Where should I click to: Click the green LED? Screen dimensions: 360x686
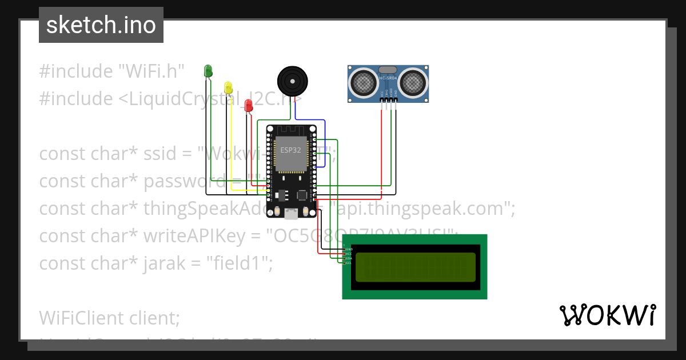[208, 71]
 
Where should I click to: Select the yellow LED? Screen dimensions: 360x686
[229, 87]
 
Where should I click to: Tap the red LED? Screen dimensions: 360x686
[248, 105]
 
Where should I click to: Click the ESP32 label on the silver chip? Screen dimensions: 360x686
[290, 150]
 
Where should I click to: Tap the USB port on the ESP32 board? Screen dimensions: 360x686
[291, 214]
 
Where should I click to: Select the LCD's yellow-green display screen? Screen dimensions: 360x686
[415, 267]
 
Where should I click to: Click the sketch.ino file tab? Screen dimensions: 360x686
[101, 25]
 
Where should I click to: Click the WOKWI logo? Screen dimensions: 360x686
[607, 315]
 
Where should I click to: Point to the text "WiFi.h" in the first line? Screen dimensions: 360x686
[151, 71]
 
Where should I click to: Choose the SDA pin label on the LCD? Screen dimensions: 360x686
[349, 258]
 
